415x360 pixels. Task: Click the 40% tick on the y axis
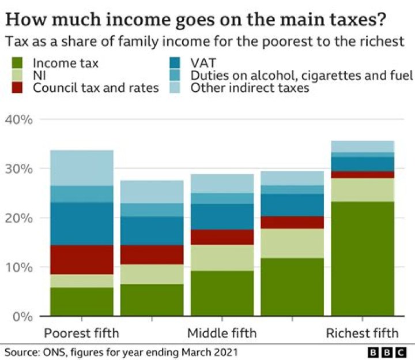coord(19,119)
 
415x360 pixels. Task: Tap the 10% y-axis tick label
coord(19,267)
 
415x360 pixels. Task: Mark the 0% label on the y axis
coord(22,316)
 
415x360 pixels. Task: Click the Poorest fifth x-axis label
coord(81,333)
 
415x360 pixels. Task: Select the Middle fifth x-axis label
coord(222,333)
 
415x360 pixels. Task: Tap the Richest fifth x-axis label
coord(362,333)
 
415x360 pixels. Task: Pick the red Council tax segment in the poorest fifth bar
coord(81,260)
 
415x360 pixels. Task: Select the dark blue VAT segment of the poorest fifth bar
coord(81,223)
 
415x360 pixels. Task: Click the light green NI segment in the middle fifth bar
coord(222,258)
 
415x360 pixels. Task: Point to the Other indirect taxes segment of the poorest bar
coord(81,167)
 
